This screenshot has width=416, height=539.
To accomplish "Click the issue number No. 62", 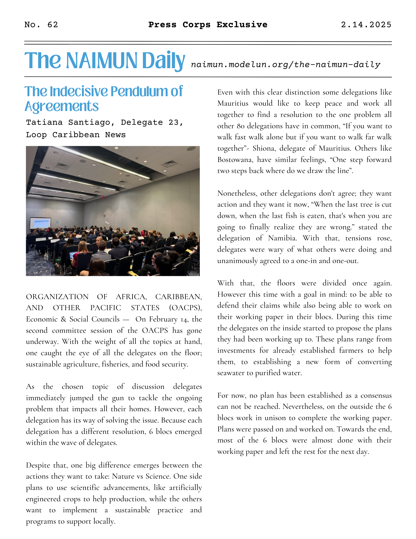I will click(41, 25).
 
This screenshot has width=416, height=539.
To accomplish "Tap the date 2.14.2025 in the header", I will click(366, 25).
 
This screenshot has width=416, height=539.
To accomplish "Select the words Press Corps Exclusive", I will click(208, 25).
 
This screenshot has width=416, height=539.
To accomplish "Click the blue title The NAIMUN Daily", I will click(105, 61).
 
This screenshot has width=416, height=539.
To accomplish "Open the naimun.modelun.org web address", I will click(285, 65).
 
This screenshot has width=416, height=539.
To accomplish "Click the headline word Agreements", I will click(62, 106).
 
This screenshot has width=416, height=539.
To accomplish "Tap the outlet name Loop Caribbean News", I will click(76, 135).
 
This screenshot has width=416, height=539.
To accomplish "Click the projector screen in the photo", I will click(40, 223).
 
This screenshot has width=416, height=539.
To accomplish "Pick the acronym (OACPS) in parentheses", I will click(185, 308).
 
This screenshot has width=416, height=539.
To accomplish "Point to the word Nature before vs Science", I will click(124, 476).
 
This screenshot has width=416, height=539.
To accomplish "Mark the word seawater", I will click(232, 373).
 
